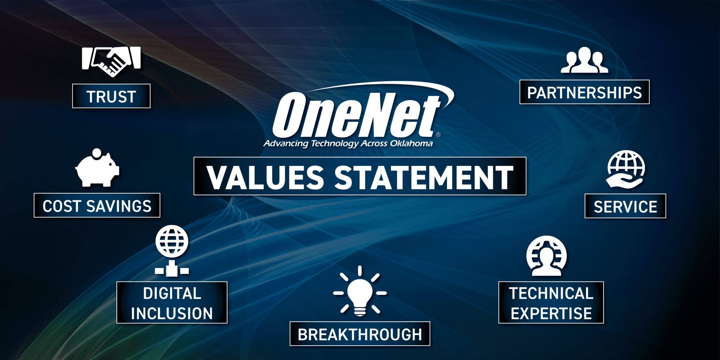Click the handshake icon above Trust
coord(111,61)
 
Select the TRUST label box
coord(111,96)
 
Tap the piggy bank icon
coord(97,168)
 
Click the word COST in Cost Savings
coord(62,206)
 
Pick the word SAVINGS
coord(119,206)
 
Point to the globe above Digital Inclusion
coord(172,241)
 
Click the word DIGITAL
coord(172,294)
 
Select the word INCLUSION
coord(172,314)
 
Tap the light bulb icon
coord(360,291)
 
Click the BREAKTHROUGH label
coord(360,334)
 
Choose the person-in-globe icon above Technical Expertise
coord(546,256)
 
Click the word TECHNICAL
coord(551,294)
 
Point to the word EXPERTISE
coord(551,314)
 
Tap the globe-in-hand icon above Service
coord(626,169)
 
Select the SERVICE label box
coord(625,206)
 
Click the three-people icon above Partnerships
coord(584,60)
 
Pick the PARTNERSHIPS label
coord(585,92)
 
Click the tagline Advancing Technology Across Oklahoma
coord(348,143)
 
